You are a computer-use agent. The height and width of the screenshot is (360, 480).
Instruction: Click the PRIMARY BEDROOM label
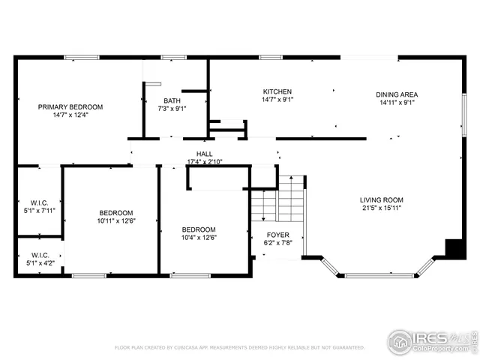(70, 107)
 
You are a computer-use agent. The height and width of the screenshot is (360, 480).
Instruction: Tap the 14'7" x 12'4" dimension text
(70, 115)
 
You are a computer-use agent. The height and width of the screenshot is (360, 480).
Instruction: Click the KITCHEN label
(277, 91)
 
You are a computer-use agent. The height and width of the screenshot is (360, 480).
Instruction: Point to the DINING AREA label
(397, 94)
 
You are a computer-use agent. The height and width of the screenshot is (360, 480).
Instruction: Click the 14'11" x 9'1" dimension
(397, 103)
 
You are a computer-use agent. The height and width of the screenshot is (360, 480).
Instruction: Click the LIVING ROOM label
(382, 200)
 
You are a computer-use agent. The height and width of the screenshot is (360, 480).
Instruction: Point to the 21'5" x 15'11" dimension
(382, 208)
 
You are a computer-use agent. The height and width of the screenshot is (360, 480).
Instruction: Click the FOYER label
(277, 235)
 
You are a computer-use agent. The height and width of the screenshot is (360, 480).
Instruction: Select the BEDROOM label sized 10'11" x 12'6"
(115, 212)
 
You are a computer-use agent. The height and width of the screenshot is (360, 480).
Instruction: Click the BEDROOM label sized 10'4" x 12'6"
(199, 229)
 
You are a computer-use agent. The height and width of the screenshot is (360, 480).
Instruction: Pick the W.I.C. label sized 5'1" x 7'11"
(39, 202)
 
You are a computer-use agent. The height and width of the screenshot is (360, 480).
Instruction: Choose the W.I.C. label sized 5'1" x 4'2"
(39, 254)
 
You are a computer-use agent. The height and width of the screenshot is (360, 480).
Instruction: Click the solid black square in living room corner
(454, 248)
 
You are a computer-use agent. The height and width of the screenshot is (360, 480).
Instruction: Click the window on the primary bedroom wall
(81, 57)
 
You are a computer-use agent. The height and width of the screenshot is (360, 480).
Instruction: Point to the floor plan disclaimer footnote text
(240, 348)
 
